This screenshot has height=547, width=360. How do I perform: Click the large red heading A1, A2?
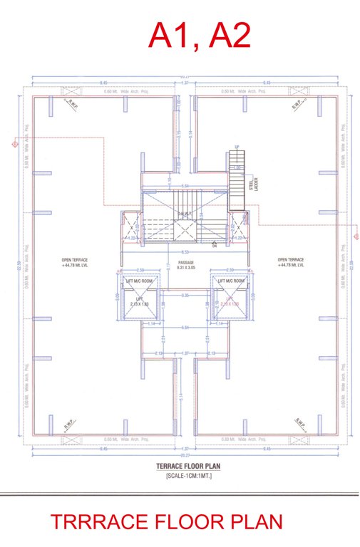tap(199, 35)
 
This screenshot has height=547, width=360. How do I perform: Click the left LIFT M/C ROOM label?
tap(139, 281)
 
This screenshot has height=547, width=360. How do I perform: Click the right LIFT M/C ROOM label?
tap(231, 281)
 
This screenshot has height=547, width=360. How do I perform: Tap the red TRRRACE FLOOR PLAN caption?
tap(166, 523)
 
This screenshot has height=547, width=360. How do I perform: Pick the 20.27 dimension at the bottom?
tap(185, 456)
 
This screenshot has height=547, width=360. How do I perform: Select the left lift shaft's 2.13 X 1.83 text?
tap(139, 304)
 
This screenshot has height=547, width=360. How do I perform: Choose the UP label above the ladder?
tap(236, 147)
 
